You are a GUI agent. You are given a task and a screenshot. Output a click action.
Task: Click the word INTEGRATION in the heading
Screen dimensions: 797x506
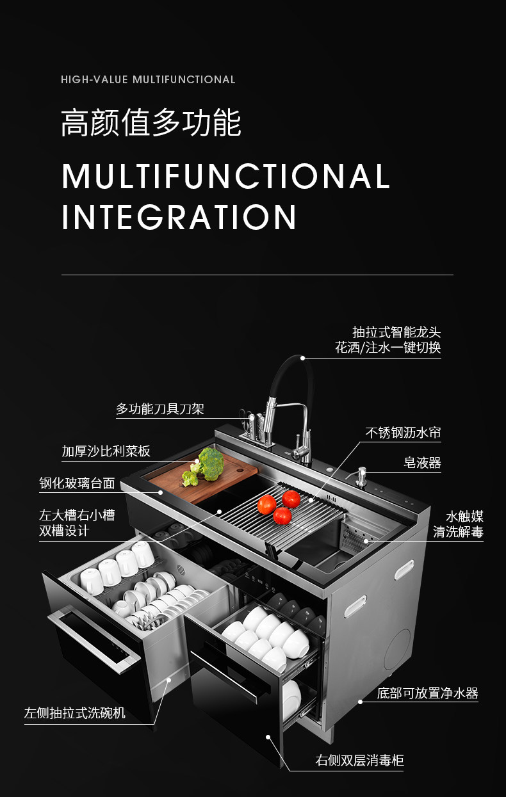(x=179, y=217)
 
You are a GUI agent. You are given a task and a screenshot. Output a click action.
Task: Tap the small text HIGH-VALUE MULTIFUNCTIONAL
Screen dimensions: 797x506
(x=148, y=80)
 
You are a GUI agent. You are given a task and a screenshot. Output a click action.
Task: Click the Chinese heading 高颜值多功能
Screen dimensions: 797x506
(x=151, y=123)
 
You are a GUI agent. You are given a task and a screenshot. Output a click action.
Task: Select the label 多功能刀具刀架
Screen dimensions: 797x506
(x=160, y=409)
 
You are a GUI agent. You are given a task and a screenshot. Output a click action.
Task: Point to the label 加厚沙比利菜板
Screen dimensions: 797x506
(x=106, y=451)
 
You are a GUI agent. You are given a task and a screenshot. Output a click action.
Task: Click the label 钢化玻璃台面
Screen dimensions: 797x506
(x=78, y=483)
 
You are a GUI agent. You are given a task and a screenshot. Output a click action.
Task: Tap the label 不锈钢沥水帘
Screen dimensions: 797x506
(x=404, y=433)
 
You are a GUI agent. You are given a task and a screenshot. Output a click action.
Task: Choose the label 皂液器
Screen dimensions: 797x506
(x=423, y=463)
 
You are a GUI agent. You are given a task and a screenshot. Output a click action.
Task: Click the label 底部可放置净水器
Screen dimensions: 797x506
(x=428, y=693)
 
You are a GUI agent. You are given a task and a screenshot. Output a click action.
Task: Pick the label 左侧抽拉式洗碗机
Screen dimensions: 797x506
(x=75, y=712)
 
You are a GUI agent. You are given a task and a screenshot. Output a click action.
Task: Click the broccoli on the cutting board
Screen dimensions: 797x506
(x=204, y=465)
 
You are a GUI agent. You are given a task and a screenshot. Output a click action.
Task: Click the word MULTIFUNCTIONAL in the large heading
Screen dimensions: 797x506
(x=226, y=176)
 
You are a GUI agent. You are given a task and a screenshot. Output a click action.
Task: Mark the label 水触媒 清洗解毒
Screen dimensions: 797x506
(x=458, y=524)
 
